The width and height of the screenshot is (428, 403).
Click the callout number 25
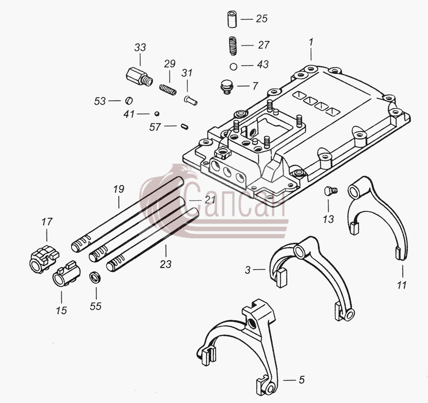pos(262,19)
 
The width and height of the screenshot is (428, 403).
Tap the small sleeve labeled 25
pos(232,19)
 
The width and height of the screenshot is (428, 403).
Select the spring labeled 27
pos(232,46)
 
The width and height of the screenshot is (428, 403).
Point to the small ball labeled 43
pos(233,66)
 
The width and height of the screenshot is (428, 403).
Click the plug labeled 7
pos(226,87)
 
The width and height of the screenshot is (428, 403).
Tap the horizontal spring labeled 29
pos(167,90)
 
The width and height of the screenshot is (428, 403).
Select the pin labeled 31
pos(190,100)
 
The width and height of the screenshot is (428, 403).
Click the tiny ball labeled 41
pos(157,113)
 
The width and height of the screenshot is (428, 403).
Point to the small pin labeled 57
pos(185,127)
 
